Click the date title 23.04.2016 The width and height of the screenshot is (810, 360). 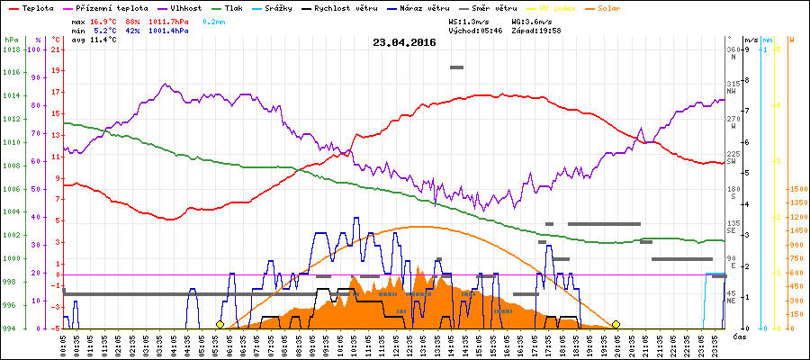[x=404, y=41]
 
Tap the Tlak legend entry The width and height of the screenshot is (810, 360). [x=233, y=7]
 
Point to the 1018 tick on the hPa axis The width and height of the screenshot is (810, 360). [x=11, y=49]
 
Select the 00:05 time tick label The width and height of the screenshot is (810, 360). [x=64, y=344]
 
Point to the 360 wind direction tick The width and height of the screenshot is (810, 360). [x=734, y=49]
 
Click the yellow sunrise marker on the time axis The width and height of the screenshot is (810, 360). [x=220, y=324]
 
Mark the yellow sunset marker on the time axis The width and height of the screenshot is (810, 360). [x=616, y=324]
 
